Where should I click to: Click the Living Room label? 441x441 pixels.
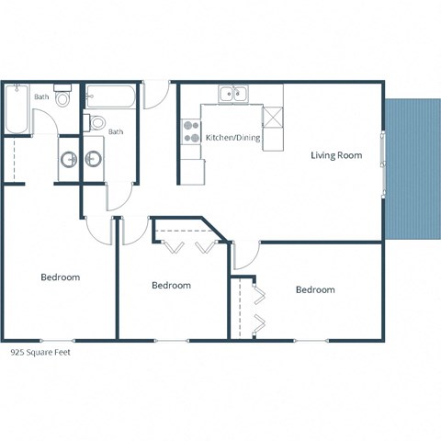pyautogui.click(x=335, y=156)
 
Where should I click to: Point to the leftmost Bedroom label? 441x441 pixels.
pyautogui.click(x=60, y=277)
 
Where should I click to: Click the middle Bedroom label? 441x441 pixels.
pyautogui.click(x=171, y=286)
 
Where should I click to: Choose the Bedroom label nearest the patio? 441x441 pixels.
pyautogui.click(x=315, y=289)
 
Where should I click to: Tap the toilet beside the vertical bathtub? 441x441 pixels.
pyautogui.click(x=62, y=97)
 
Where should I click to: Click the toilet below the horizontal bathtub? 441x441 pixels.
pyautogui.click(x=97, y=122)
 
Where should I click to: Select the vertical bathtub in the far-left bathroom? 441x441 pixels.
pyautogui.click(x=16, y=108)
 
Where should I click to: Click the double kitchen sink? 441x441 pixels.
pyautogui.click(x=232, y=94)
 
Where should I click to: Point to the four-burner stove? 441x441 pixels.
pyautogui.click(x=191, y=131)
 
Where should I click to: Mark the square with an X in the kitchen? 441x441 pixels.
pyautogui.click(x=272, y=116)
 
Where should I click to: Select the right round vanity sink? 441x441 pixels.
pyautogui.click(x=94, y=159)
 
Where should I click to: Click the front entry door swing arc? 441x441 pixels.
pyautogui.click(x=157, y=92)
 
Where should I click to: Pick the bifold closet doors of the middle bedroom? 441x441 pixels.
pyautogui.click(x=188, y=245)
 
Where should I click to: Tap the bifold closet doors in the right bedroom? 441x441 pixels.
pyautogui.click(x=258, y=308)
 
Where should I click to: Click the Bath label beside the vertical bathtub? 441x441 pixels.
pyautogui.click(x=41, y=96)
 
